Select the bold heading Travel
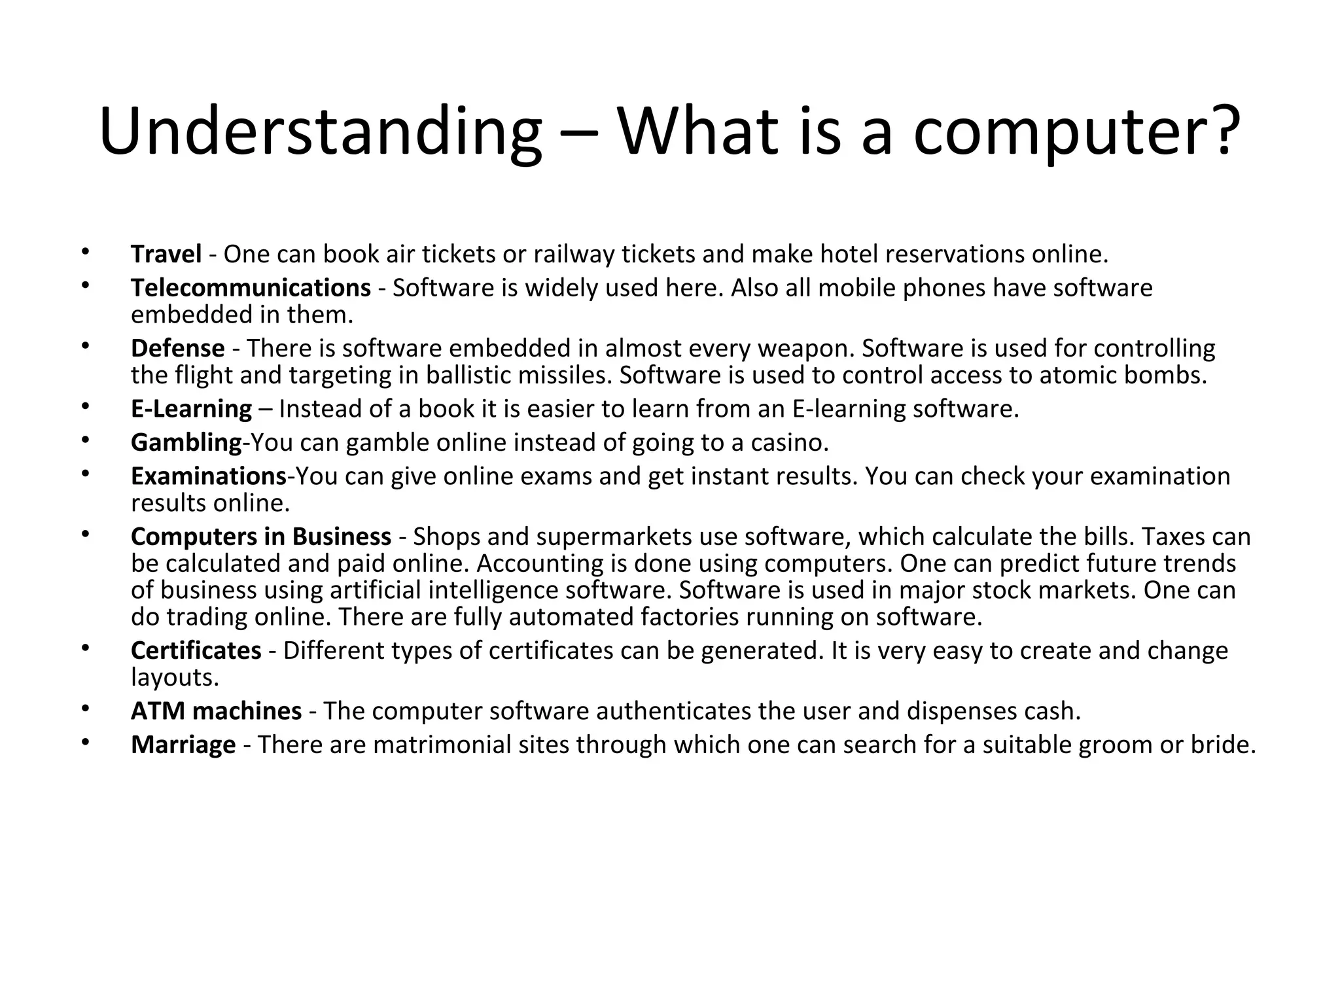[x=166, y=254]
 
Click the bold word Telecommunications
[x=251, y=288]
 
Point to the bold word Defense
[x=177, y=348]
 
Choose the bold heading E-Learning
[x=191, y=409]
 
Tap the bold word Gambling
[x=186, y=443]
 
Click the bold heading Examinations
[x=208, y=476]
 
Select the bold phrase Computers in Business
[x=260, y=537]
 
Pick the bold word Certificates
[x=196, y=650]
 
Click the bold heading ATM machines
[x=216, y=711]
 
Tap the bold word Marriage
[x=183, y=745]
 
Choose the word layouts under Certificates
[x=174, y=678]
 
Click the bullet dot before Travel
[x=84, y=251]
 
